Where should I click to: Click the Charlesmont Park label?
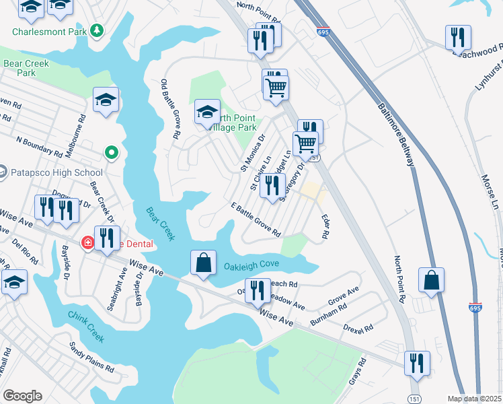coord(50,31)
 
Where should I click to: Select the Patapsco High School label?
coord(52,173)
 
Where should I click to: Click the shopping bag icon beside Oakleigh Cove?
coord(203,263)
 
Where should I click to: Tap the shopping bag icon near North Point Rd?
coord(431,281)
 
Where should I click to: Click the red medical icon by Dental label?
coord(88,243)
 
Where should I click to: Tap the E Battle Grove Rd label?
coord(256,220)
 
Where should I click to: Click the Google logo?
coord(22,396)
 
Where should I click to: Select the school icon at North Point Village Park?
coord(208,111)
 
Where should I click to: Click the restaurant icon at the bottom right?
coord(417,364)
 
